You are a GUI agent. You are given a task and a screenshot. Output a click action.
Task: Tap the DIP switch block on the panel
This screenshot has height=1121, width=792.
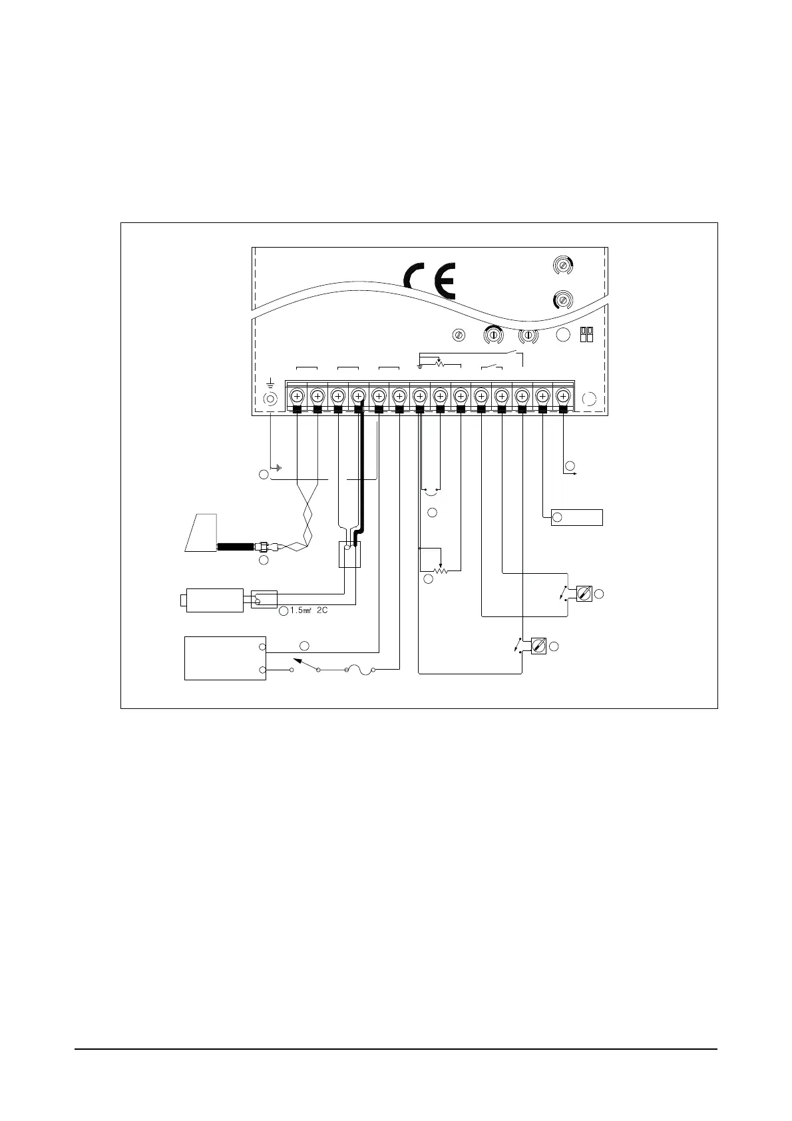tap(587, 334)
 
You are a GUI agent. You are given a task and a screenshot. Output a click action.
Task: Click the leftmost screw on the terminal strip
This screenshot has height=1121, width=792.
tap(297, 397)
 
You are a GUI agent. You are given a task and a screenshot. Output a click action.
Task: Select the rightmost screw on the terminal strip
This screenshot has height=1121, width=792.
tap(563, 397)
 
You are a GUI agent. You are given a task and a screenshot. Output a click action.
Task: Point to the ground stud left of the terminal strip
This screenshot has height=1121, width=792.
tap(270, 399)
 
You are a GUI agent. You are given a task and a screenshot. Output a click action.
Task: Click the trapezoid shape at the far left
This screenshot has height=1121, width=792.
tap(202, 533)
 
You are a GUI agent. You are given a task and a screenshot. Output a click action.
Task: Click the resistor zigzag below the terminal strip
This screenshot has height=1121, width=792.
tap(439, 571)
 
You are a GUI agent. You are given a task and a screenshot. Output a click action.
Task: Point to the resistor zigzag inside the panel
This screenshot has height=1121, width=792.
tap(439, 365)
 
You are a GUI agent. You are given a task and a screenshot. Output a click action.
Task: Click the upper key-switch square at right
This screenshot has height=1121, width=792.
tap(585, 592)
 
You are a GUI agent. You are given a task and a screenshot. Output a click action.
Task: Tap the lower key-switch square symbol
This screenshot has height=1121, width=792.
tap(539, 645)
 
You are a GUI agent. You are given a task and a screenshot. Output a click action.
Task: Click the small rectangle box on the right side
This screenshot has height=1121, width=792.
tap(577, 517)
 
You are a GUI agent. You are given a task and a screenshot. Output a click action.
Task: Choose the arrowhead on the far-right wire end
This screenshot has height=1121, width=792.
tap(573, 473)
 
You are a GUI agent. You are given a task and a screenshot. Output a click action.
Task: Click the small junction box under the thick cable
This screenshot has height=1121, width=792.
tap(349, 554)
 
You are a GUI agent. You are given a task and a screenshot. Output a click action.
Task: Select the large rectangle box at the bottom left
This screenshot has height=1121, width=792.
tap(225, 658)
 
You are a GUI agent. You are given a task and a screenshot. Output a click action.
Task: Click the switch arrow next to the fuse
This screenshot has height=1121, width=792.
tap(303, 663)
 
